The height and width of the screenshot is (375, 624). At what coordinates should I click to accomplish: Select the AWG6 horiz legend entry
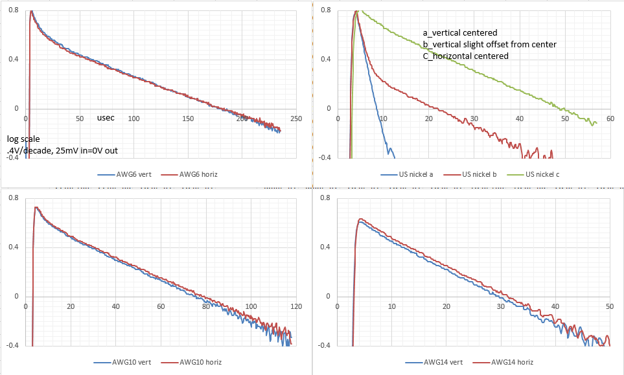coord(194,175)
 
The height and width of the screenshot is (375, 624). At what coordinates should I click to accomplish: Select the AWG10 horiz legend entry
coord(195,361)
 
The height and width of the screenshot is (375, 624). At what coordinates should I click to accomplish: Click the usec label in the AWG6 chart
coord(106,119)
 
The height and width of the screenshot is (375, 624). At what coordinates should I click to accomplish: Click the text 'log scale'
coord(23,139)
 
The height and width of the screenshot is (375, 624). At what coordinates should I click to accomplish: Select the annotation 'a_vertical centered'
coord(459,32)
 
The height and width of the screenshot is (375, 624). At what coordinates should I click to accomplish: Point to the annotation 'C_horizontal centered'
coord(465,56)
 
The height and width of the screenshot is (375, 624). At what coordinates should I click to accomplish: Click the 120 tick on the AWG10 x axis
coord(296,306)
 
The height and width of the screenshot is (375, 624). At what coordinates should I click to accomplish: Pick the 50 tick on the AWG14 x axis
coord(610,306)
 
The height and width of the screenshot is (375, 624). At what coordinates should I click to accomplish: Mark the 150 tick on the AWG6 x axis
coord(188,119)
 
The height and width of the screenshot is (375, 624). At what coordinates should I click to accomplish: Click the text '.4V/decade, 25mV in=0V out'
coord(62,151)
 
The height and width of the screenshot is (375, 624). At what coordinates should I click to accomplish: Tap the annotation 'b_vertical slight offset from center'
coord(489,44)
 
